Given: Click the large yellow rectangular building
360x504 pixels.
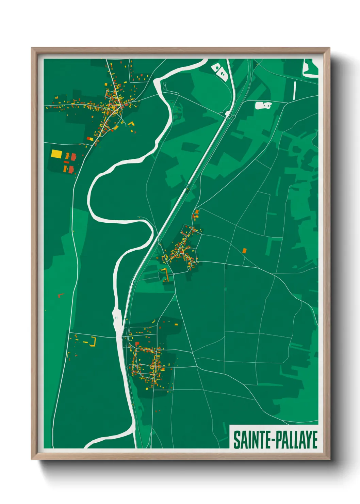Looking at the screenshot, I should [x=56, y=154].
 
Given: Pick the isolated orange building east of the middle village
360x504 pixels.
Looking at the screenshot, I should [x=244, y=251].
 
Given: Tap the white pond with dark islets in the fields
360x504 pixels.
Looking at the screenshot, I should [x=263, y=106].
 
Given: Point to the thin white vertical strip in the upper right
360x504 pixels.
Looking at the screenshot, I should [x=295, y=91].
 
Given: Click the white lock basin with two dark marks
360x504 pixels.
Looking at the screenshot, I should [x=117, y=318].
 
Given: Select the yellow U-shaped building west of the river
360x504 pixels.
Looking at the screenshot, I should [x=93, y=342].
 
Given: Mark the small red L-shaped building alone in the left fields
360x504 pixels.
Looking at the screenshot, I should [x=60, y=295].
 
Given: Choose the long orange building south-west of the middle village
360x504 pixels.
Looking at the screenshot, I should [x=166, y=274].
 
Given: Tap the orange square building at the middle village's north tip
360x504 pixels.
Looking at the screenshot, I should [x=197, y=212].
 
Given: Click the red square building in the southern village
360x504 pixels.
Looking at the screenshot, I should [x=137, y=344].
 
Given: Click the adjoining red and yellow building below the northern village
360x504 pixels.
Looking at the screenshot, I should [x=90, y=139].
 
